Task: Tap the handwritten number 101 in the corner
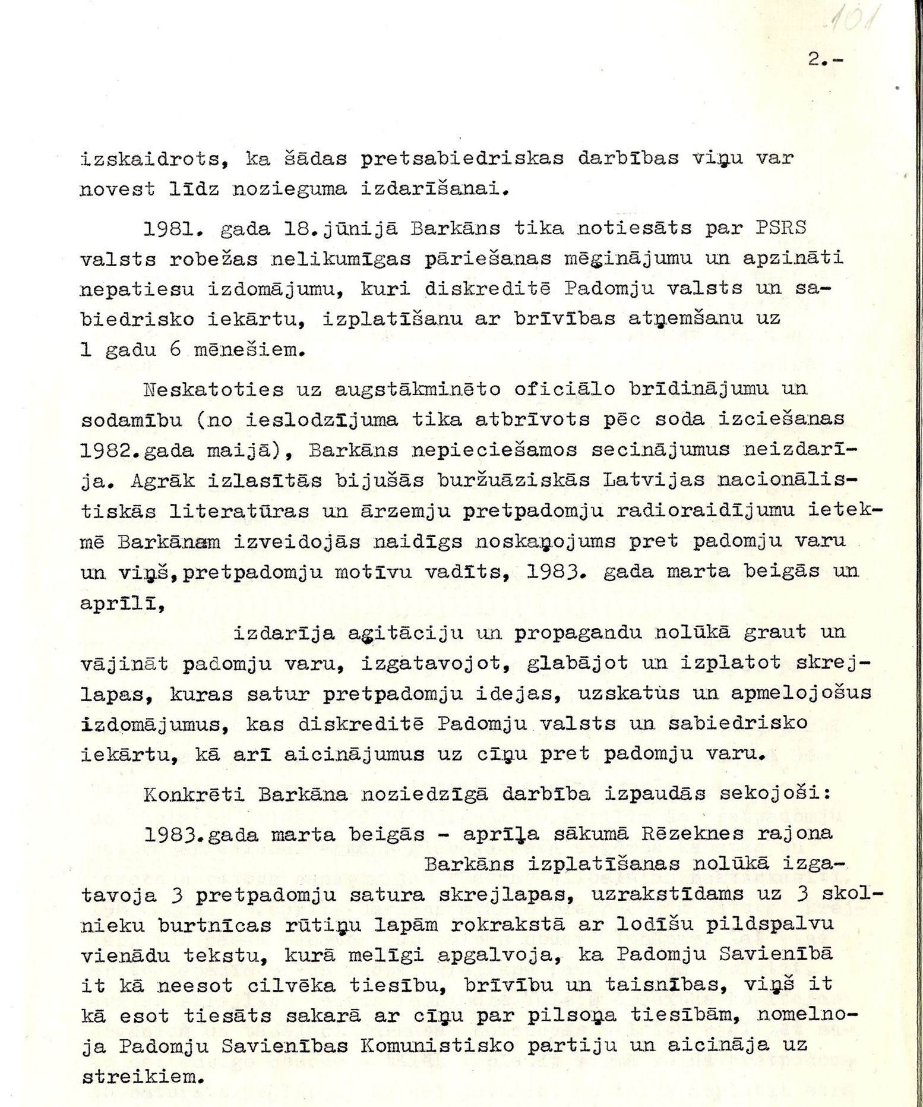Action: (846, 24)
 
